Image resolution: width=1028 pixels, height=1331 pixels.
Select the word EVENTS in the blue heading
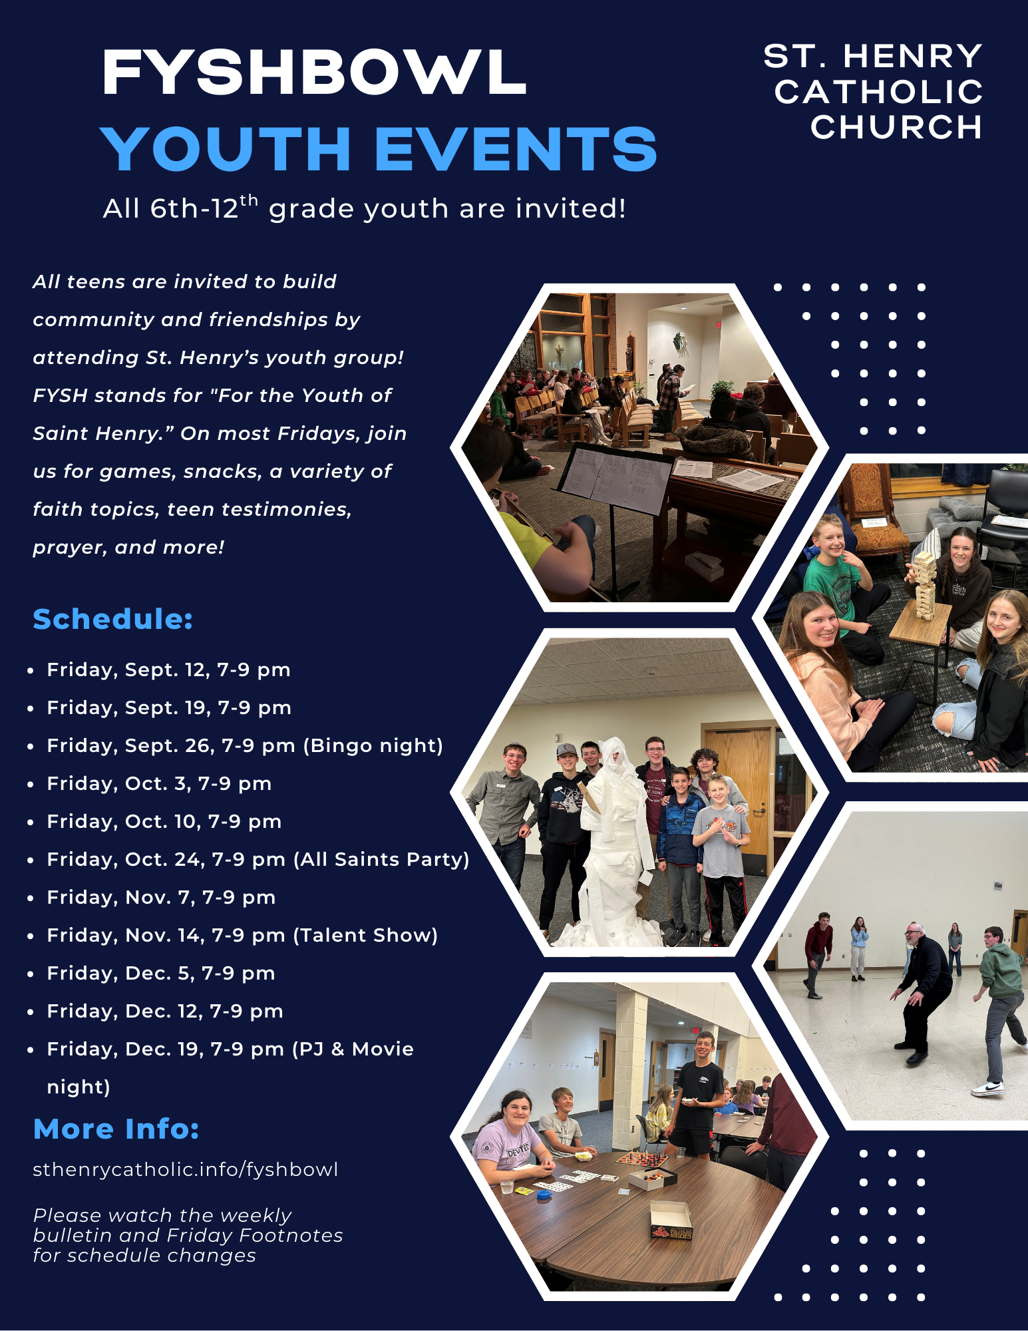click(x=516, y=149)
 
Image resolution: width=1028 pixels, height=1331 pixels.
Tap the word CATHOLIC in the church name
click(x=878, y=92)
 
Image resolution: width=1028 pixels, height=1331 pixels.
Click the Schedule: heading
click(x=112, y=619)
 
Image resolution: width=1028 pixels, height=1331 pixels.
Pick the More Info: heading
click(x=116, y=1129)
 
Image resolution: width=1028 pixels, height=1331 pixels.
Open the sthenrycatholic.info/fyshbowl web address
click(x=186, y=1169)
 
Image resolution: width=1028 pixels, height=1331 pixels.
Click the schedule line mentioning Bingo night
click(x=245, y=745)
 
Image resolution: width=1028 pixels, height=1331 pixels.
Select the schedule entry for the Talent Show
click(x=242, y=935)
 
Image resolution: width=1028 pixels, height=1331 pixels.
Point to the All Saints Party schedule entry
click(x=258, y=859)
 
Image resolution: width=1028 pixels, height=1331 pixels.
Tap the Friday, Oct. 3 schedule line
click(x=159, y=783)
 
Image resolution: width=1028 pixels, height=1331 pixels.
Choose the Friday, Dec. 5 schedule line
click(x=161, y=973)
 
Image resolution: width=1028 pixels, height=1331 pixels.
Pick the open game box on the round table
click(x=671, y=1221)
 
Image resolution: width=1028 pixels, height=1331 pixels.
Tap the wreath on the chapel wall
click(x=679, y=341)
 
